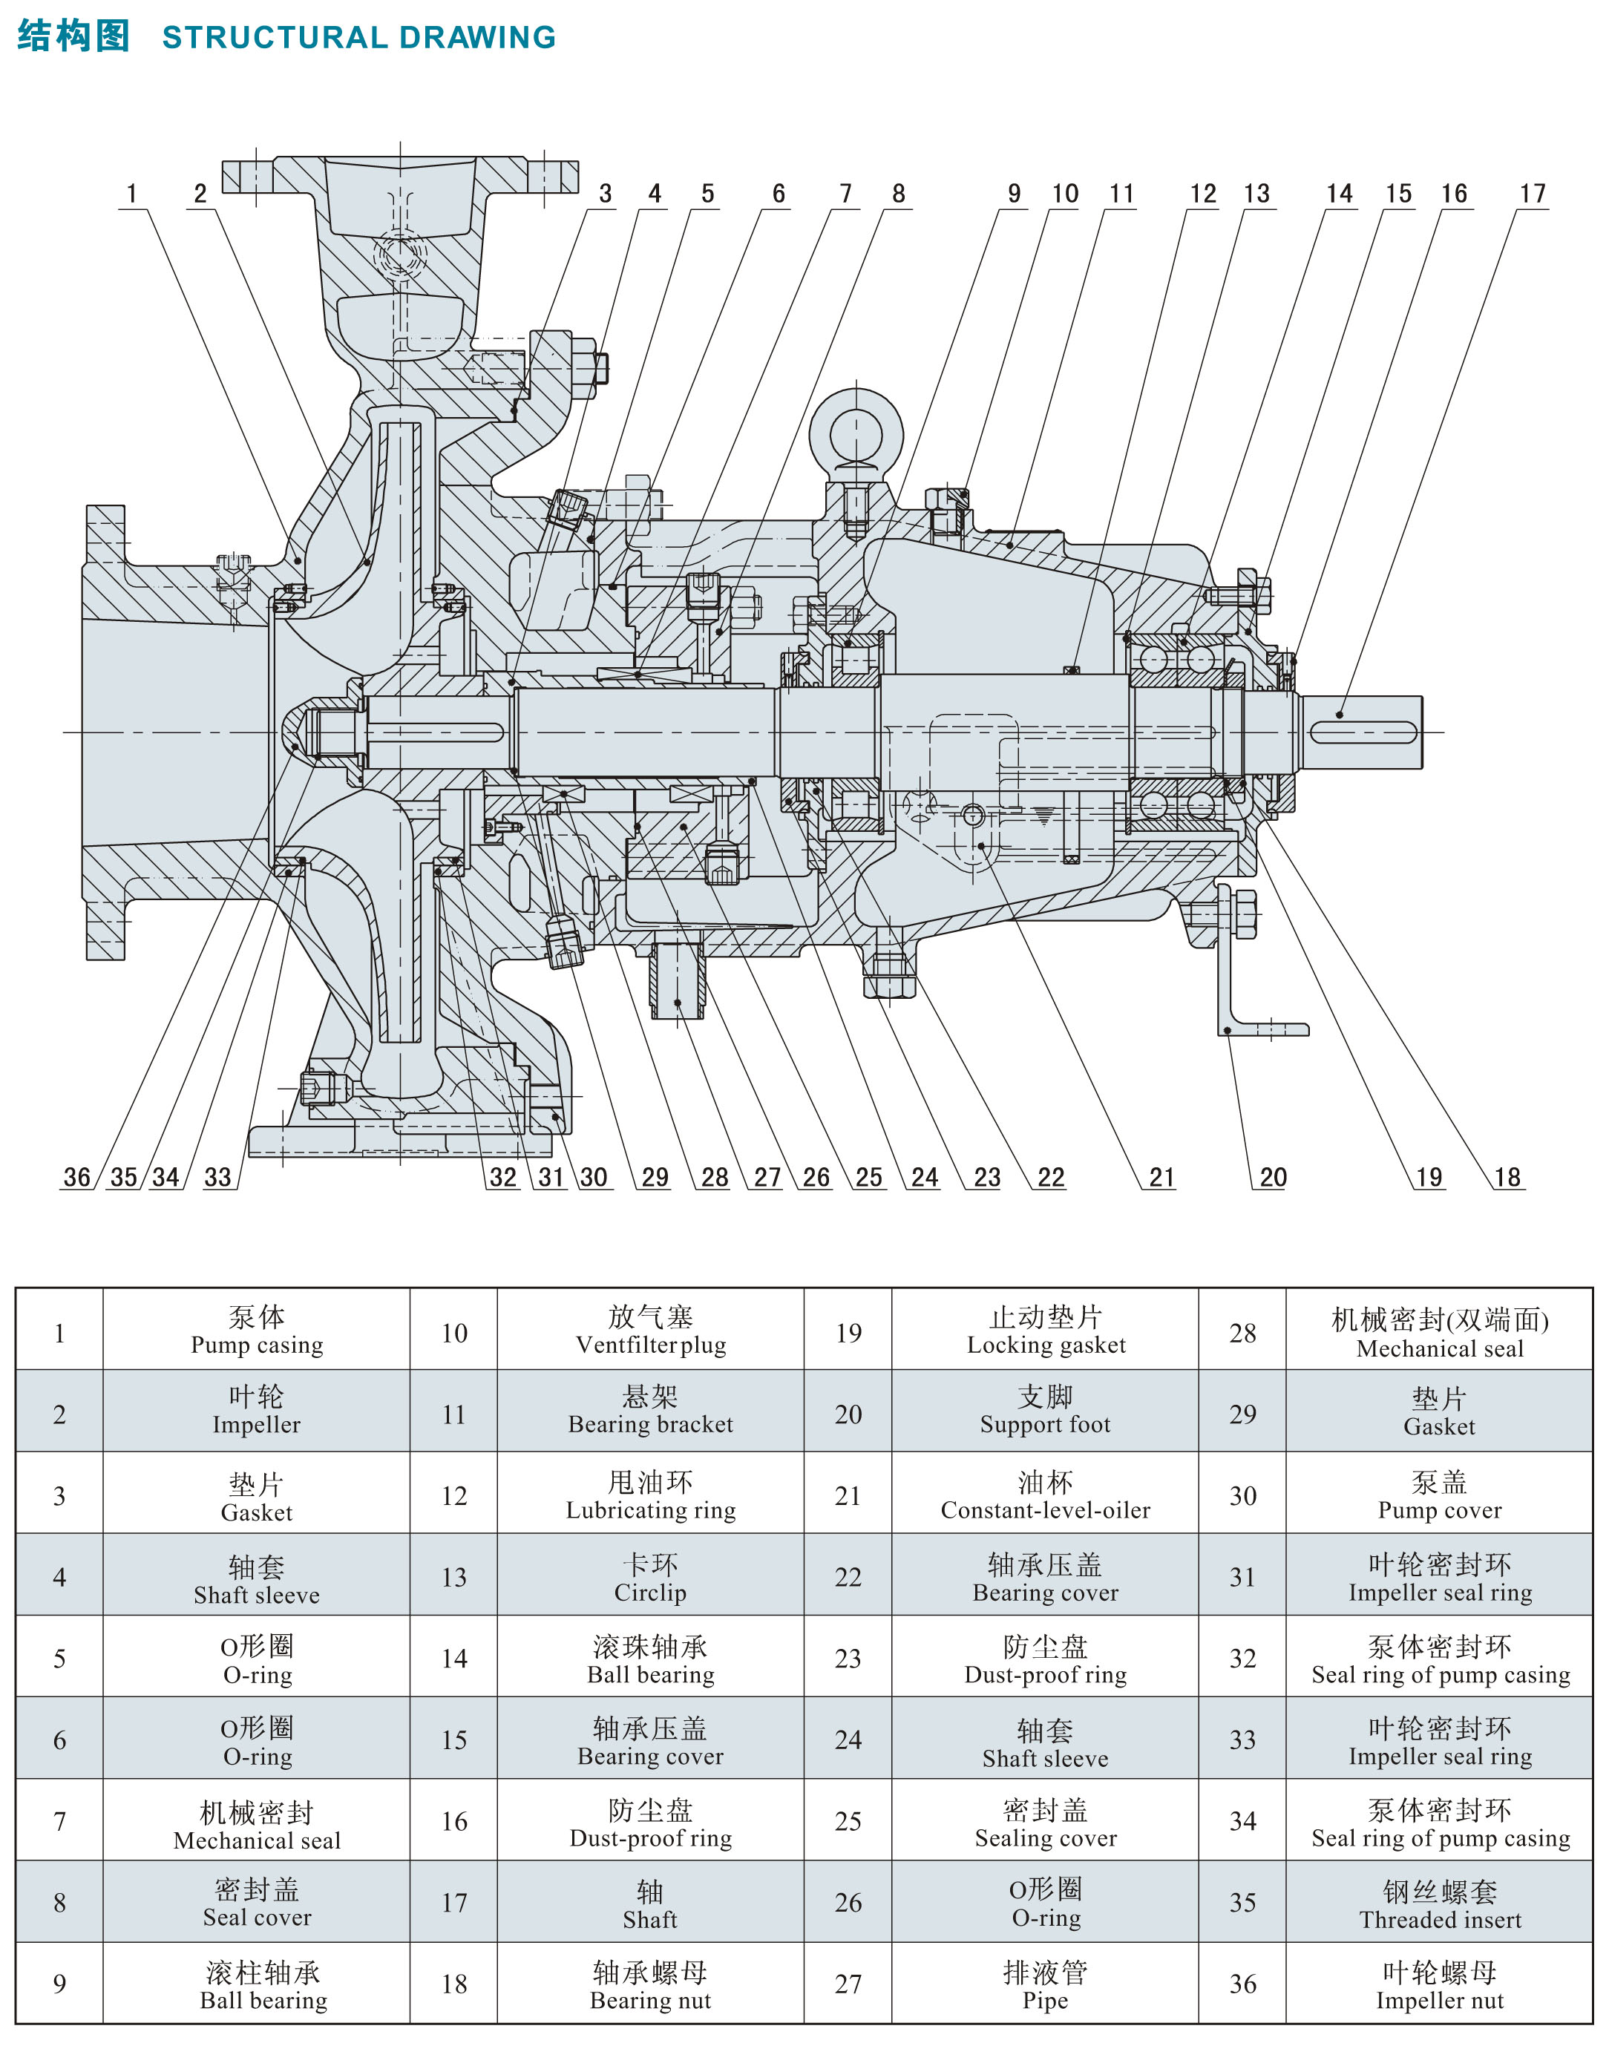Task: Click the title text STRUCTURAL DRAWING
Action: [358, 37]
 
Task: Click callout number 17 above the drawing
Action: [1533, 194]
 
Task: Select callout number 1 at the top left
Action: [131, 194]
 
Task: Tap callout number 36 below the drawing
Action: [76, 1177]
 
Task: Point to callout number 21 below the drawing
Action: [1161, 1177]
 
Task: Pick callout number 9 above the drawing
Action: [1014, 194]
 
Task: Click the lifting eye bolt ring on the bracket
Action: [856, 434]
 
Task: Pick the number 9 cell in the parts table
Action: [59, 1984]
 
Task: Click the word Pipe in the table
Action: [1044, 2001]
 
